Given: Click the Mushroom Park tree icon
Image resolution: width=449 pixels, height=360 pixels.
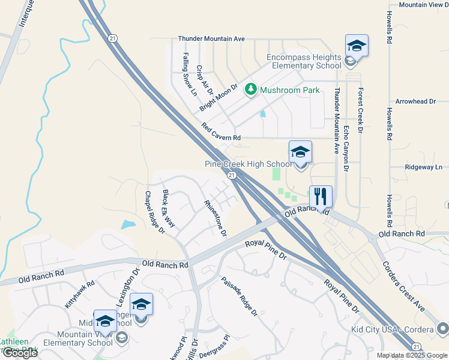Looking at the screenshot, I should tap(252, 90).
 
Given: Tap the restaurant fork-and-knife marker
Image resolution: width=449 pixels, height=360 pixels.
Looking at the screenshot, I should tap(321, 196).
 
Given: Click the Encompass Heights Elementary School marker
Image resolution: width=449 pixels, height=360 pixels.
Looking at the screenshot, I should tap(357, 46).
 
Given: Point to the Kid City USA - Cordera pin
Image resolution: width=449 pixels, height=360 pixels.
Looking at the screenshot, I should tap(443, 328).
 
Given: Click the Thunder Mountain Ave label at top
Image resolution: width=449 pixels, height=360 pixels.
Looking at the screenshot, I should tap(211, 38).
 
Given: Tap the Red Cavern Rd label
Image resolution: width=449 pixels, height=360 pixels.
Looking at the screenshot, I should tap(221, 133).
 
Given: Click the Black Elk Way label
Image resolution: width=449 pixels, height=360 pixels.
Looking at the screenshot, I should tap(169, 208).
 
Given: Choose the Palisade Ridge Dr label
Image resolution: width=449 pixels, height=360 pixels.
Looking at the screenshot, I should tap(238, 296).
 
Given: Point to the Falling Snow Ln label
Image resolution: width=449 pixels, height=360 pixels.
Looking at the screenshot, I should tap(189, 74).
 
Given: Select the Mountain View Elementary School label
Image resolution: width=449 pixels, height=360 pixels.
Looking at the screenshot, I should tap(85, 338).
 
